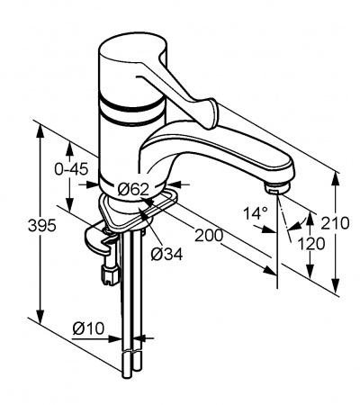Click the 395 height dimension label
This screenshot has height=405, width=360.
coord(42,226)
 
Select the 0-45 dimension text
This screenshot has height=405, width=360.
coord(71,169)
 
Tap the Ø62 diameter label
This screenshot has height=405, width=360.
coord(133,189)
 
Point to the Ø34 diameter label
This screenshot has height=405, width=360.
coord(166,255)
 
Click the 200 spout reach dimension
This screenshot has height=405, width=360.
coord(209,235)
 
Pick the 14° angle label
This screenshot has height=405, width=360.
coord(256,213)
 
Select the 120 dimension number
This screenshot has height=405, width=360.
coord(311,244)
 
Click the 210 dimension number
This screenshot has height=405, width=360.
coord(335,223)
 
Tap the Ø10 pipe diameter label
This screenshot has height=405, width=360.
coord(88,328)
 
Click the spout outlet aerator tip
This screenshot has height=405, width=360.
coord(277,188)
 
